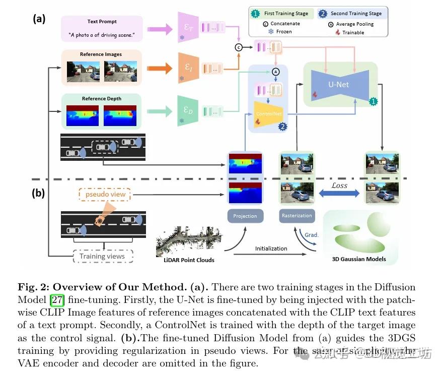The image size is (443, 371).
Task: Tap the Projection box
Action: click(x=245, y=216)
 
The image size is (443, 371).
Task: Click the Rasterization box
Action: click(x=297, y=216)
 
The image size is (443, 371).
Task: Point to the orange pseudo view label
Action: click(x=104, y=195)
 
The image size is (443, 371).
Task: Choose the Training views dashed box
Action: click(x=102, y=256)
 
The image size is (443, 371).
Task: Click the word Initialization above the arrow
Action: click(x=271, y=249)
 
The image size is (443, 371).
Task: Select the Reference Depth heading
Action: click(x=101, y=99)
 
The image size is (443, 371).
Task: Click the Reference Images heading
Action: click(x=101, y=54)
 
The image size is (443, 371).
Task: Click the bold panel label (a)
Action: click(x=39, y=19)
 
